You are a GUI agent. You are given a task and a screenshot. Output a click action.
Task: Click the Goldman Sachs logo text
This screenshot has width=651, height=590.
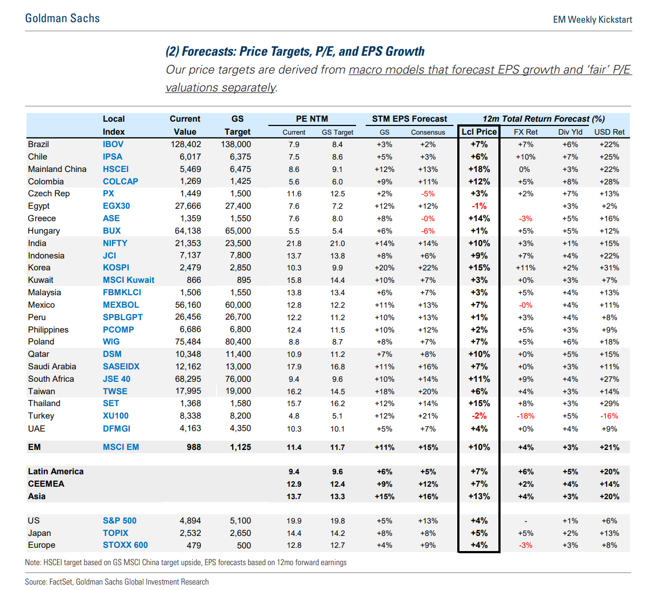click(x=62, y=18)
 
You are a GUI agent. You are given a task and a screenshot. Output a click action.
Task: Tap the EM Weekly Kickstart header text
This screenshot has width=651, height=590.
click(x=592, y=19)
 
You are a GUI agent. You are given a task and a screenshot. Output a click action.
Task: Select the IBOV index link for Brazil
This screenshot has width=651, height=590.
click(x=113, y=144)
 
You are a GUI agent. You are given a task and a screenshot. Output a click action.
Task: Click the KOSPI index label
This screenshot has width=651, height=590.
click(x=116, y=268)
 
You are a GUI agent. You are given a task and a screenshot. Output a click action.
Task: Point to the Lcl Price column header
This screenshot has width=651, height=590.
click(x=479, y=131)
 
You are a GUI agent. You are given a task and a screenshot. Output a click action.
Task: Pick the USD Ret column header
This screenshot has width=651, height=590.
click(x=609, y=132)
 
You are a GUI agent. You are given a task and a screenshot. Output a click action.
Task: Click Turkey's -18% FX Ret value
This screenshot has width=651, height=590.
click(x=525, y=416)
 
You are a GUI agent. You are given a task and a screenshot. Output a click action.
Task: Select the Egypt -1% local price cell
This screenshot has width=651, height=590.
click(x=479, y=206)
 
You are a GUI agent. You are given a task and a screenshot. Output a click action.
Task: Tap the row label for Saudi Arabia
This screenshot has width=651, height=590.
click(x=52, y=367)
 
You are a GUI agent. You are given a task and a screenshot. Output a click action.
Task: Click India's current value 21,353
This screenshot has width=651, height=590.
click(x=188, y=243)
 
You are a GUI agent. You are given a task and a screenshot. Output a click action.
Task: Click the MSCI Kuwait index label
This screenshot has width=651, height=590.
click(x=128, y=280)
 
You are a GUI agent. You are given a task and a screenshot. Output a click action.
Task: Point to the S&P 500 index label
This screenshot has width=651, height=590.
click(x=120, y=521)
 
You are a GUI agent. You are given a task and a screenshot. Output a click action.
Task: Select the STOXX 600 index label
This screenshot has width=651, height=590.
click(x=125, y=545)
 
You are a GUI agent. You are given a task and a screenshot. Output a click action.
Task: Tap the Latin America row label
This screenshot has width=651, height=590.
click(x=56, y=472)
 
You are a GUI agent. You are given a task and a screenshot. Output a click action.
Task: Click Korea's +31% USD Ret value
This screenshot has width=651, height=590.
click(x=609, y=268)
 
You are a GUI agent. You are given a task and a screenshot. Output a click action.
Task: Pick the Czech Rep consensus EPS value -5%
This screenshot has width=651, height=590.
click(x=428, y=194)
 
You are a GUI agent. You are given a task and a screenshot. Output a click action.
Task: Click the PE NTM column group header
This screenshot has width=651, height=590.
click(x=312, y=119)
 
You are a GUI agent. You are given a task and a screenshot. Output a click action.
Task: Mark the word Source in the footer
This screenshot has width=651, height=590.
click(x=36, y=582)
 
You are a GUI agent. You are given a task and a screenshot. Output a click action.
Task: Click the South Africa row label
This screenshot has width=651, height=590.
click(x=51, y=379)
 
